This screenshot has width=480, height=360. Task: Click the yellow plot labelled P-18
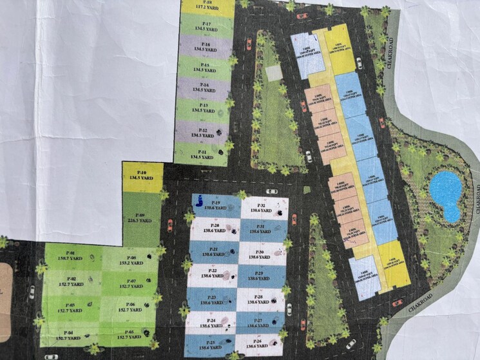[207, 8]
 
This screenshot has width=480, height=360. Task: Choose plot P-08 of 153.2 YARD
[129, 258]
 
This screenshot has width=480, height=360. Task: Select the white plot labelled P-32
[264, 207]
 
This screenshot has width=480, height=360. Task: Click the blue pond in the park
[446, 193]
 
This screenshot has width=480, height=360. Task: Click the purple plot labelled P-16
[204, 46]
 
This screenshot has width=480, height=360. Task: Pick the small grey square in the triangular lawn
[274, 73]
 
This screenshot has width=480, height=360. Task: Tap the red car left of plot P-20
[170, 225]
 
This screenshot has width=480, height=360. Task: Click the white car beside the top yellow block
[359, 63]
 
